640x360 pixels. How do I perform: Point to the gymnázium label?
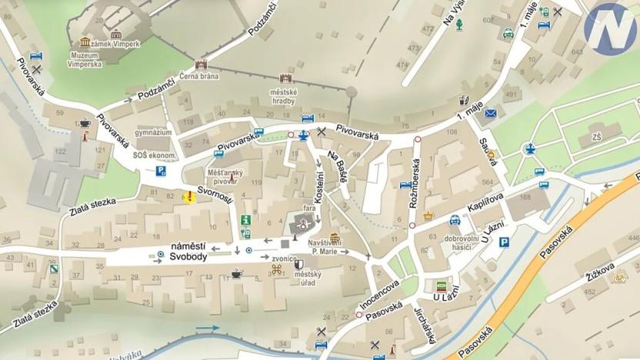pos(152,132)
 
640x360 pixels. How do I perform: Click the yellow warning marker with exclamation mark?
pos(188,197)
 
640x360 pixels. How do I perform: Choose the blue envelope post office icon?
pos(491,114)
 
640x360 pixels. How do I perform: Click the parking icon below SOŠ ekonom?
pos(162,171)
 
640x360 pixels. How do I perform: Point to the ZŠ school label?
pos(596,138)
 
